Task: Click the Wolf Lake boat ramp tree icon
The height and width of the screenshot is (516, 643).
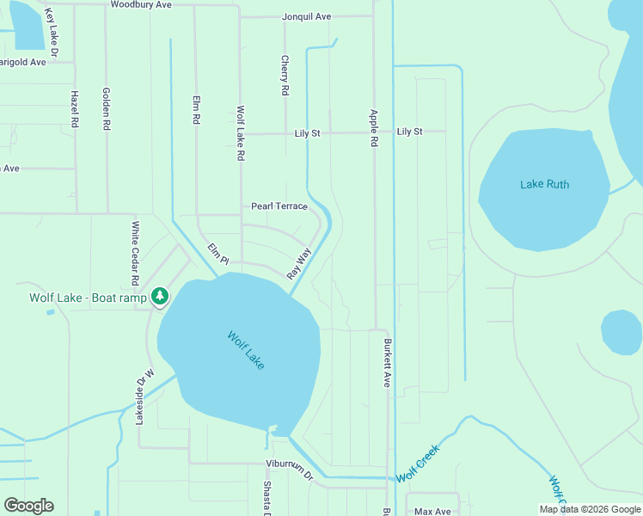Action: click(160, 297)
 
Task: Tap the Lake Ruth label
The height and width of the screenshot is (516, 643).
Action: click(544, 184)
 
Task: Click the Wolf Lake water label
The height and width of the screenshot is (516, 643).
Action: click(246, 350)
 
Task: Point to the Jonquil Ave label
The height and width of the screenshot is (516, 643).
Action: click(306, 16)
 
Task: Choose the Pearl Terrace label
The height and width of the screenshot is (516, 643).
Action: click(279, 206)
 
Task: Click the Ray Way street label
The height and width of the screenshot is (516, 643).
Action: click(298, 263)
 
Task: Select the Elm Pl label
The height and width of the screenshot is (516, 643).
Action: click(218, 254)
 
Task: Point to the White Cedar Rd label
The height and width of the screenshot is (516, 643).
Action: click(135, 254)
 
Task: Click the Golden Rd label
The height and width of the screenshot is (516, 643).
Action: click(107, 108)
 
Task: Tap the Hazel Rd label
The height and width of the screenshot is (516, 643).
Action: click(75, 109)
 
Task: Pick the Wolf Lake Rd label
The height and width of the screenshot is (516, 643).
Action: click(242, 134)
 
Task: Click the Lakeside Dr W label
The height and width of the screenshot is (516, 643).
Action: click(144, 396)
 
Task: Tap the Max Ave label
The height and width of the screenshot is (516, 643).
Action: click(432, 511)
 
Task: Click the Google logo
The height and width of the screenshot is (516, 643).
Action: click(28, 506)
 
